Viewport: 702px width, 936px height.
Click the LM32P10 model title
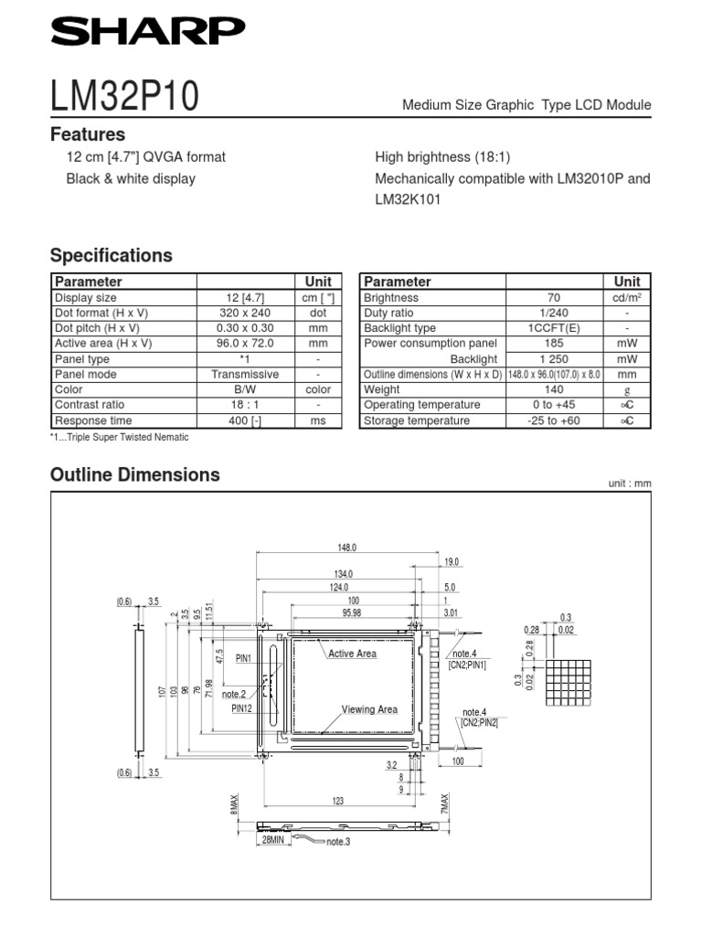pos(124,96)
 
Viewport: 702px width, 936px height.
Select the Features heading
pos(88,134)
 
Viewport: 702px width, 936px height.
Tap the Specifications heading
pos(111,255)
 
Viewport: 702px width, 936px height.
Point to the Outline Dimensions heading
pos(135,474)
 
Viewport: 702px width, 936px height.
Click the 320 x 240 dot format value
pos(245,313)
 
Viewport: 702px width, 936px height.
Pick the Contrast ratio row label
pos(90,404)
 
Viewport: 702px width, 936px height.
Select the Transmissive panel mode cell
pos(245,374)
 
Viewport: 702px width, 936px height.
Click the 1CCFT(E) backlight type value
pos(554,328)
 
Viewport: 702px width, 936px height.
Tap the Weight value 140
pos(554,389)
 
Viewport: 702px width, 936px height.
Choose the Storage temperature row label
pos(417,420)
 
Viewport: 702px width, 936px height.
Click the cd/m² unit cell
pos(627,298)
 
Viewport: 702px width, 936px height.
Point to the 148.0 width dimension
pos(346,548)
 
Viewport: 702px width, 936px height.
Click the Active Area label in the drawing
pos(352,654)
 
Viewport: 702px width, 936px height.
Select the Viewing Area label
pos(369,709)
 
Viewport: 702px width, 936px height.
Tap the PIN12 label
pos(242,707)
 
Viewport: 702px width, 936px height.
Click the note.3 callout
pos(338,842)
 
